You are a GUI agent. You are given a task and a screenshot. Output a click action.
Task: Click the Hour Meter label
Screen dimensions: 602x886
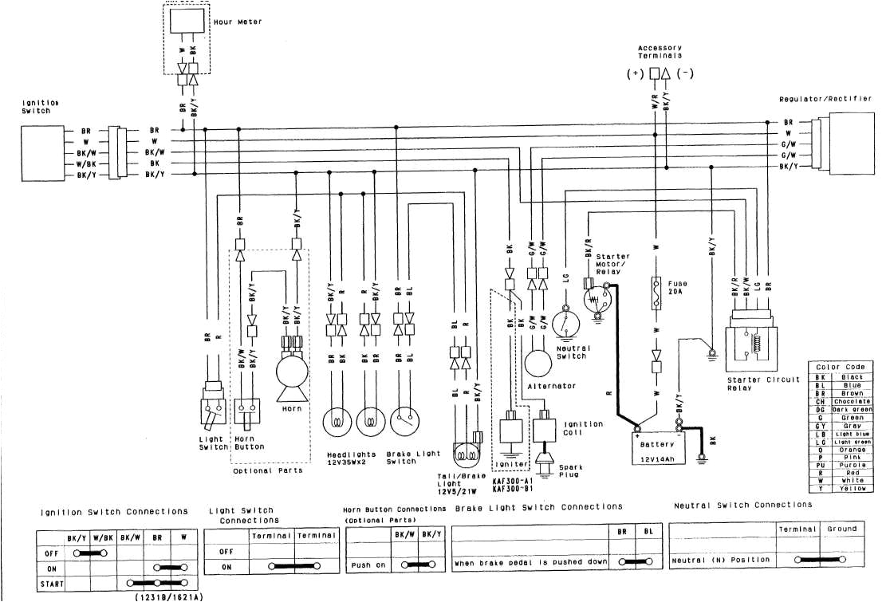(238, 22)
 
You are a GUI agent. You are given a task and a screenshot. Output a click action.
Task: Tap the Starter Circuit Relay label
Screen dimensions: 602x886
(763, 384)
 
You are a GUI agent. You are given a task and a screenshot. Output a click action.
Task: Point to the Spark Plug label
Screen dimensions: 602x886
(570, 470)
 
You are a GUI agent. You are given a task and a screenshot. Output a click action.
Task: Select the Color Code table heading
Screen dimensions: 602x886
(841, 367)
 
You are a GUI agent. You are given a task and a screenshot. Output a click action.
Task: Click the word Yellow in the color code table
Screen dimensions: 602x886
(853, 487)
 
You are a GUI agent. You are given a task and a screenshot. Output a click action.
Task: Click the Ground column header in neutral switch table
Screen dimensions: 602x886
(842, 529)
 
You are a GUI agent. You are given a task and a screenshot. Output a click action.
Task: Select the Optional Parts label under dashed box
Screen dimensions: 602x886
(267, 471)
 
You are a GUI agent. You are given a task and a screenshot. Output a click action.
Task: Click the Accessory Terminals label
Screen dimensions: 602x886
(660, 53)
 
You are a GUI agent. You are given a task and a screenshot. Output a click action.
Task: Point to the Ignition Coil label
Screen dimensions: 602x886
(584, 428)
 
